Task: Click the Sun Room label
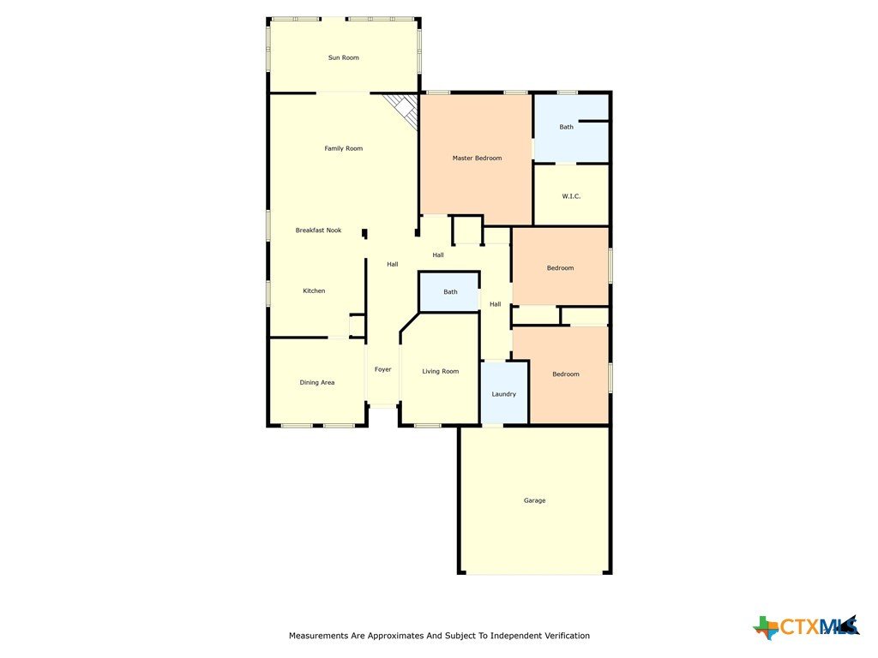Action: point(343,57)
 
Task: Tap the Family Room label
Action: point(343,149)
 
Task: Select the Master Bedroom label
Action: point(477,159)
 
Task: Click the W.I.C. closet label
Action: point(571,196)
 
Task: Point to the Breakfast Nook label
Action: point(319,230)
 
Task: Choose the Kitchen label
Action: point(314,291)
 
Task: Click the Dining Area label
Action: point(317,383)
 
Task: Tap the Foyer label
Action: point(383,369)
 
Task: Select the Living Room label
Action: point(441,372)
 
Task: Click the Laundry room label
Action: point(504,394)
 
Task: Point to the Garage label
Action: point(535,500)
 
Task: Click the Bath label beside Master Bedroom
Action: point(566,127)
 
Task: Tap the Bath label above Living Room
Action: point(450,292)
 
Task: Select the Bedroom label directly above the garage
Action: point(566,374)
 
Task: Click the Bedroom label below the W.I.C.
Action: point(560,268)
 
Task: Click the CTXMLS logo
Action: point(806,626)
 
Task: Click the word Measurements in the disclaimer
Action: point(318,636)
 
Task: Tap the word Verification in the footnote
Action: point(568,636)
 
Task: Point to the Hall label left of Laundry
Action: point(495,304)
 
